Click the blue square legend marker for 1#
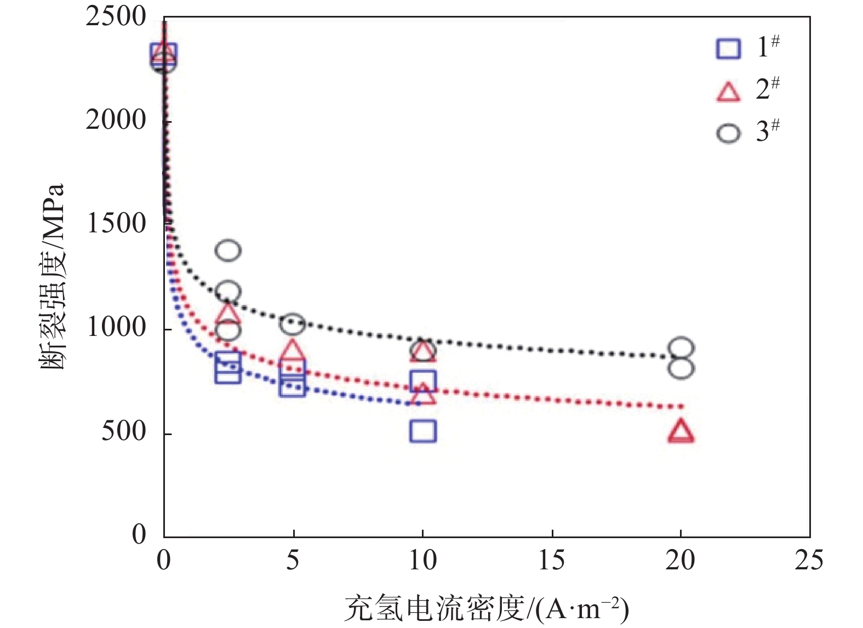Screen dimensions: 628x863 728,48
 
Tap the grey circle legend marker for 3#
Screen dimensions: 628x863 728,133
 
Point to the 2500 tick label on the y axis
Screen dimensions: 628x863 116,16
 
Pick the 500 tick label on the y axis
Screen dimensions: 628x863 124,431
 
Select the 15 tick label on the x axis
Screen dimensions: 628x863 551,560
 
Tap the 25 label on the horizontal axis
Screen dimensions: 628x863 809,560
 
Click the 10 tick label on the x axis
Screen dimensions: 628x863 422,560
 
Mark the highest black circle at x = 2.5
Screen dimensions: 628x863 228,250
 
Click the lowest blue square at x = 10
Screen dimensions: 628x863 423,431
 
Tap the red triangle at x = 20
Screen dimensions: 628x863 681,431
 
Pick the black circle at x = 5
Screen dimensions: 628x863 293,324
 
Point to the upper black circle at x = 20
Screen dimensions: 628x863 681,348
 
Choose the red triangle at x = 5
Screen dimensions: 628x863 293,350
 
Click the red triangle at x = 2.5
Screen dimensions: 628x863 228,313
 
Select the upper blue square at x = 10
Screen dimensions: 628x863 423,381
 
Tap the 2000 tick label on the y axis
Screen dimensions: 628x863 116,120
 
